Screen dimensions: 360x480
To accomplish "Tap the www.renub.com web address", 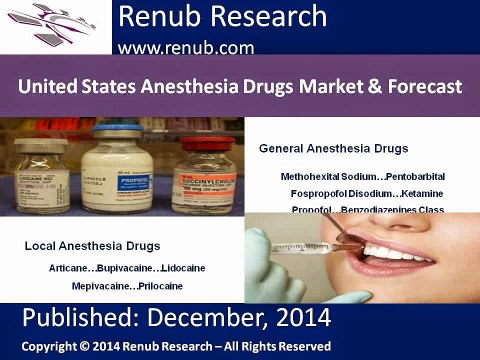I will (x=185, y=46).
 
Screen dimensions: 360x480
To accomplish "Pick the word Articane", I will (x=69, y=269).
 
